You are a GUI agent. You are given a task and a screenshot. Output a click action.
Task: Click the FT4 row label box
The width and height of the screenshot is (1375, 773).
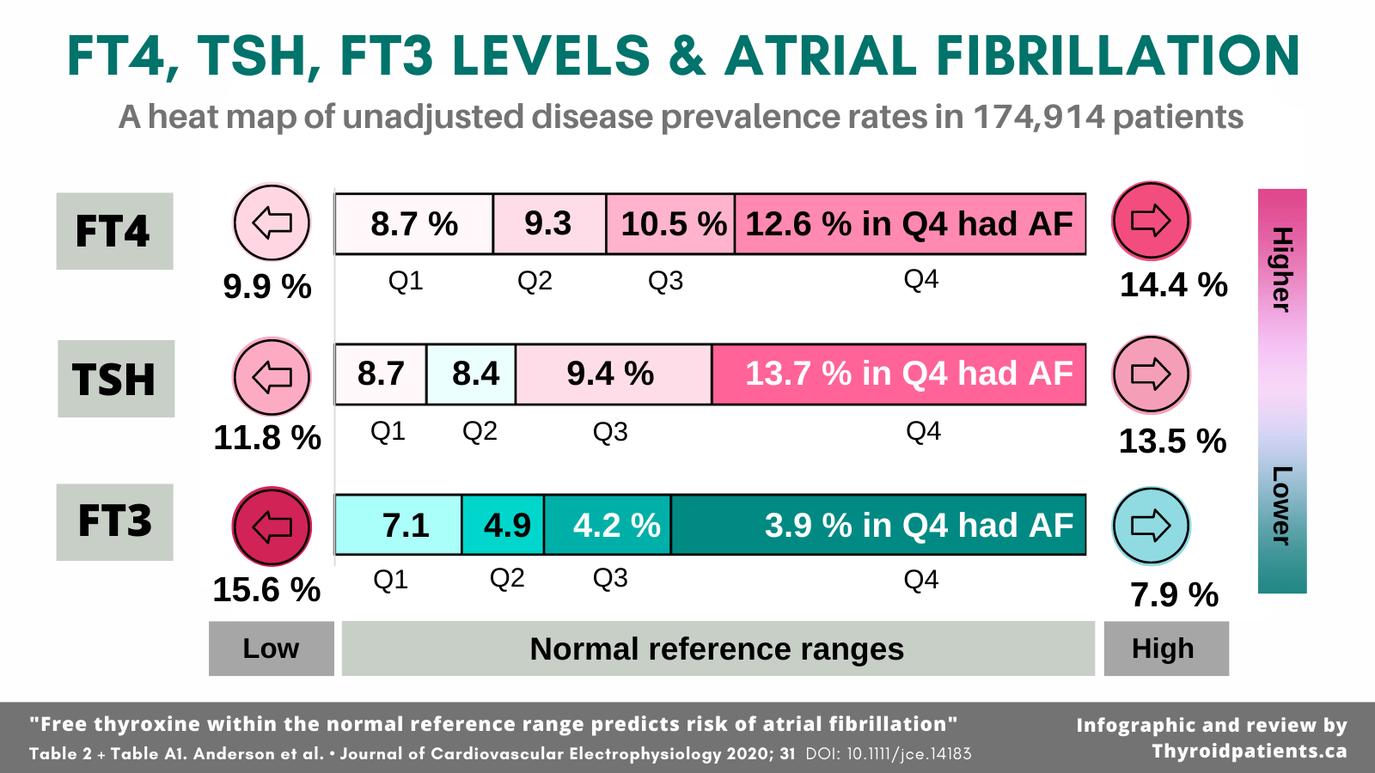pos(114,231)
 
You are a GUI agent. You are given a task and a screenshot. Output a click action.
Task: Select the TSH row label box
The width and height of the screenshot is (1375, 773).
pos(116,379)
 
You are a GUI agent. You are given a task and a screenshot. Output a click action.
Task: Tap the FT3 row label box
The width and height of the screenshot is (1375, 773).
pos(114,522)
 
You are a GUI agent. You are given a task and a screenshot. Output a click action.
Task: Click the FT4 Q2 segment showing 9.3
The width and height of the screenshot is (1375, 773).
pos(549,224)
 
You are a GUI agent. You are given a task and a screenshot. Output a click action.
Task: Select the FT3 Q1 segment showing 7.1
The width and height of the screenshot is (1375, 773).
pos(399,525)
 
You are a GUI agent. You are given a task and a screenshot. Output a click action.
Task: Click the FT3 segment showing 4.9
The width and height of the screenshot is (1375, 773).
pos(504,525)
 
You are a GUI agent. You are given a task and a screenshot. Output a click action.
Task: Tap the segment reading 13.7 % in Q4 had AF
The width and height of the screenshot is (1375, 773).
pos(899,374)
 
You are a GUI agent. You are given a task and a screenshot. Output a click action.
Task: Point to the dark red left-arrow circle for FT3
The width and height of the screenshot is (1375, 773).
pos(272,526)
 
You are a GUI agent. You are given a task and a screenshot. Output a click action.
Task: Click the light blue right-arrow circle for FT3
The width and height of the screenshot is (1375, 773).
pos(1151,526)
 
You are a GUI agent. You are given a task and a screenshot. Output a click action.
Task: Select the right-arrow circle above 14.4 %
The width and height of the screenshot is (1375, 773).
pos(1151,221)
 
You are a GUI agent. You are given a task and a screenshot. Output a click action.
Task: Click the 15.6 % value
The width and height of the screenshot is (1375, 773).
pos(266,590)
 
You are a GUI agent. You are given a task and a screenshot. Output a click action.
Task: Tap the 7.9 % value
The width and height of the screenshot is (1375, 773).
pos(1174,594)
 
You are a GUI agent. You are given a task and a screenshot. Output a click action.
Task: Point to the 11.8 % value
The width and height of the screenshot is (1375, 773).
pos(267,438)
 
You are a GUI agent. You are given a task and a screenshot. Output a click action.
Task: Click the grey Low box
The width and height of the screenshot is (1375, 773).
pos(271,648)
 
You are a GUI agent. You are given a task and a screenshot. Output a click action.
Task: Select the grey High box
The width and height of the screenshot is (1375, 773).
pos(1165,648)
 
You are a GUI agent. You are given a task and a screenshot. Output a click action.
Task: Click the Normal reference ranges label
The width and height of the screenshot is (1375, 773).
pos(717,649)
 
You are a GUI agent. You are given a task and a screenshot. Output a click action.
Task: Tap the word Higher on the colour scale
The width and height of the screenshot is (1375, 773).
pos(1281,269)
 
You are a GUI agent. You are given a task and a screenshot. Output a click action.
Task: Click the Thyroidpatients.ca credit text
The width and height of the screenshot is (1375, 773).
pos(1249,752)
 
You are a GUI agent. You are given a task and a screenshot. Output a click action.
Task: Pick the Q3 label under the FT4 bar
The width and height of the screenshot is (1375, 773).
pos(665,281)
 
